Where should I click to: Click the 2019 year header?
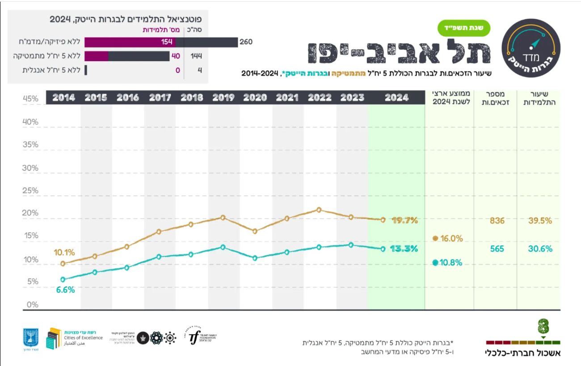[x=223, y=98]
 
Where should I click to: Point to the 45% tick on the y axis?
[x=30, y=99]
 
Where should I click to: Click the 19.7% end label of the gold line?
[x=404, y=220]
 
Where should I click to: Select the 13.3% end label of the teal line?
[x=404, y=249]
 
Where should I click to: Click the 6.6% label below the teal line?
[x=65, y=290]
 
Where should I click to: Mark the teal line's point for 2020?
[x=255, y=258]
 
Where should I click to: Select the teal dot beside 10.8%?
[x=435, y=263]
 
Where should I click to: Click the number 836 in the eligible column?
[x=497, y=221]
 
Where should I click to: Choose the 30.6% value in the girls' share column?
[x=540, y=249]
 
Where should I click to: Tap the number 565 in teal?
[x=497, y=249]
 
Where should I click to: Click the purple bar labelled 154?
[x=130, y=42]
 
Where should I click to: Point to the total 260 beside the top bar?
[x=246, y=42]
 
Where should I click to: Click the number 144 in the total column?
[x=196, y=56]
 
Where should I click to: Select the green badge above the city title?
[x=463, y=28]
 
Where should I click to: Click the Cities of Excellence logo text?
[x=88, y=338]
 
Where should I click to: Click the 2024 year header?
[x=396, y=98]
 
